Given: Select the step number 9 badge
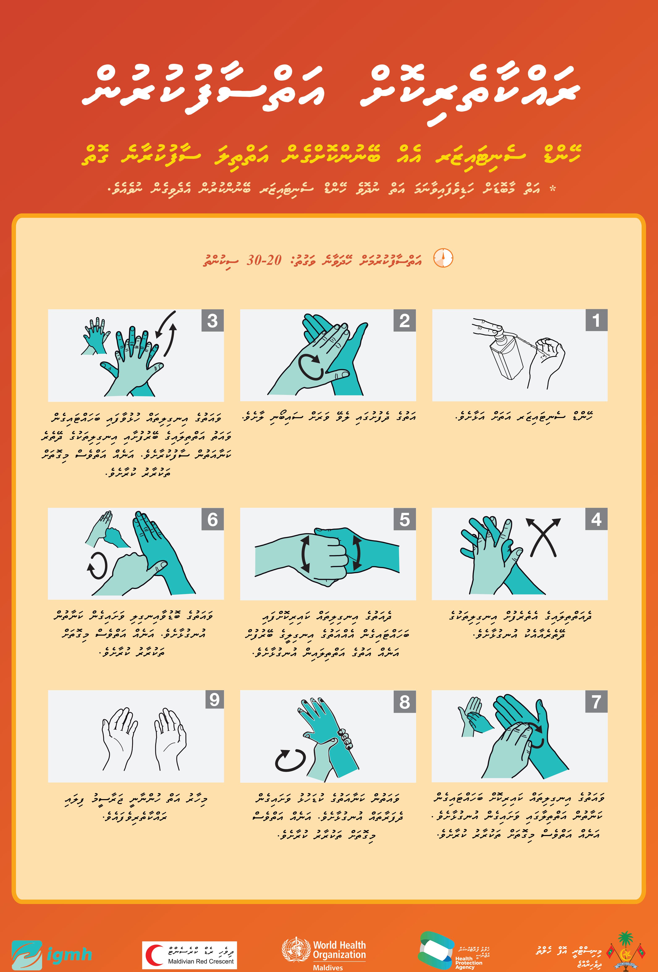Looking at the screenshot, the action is (x=214, y=699).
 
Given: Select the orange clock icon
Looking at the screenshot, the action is (x=443, y=258).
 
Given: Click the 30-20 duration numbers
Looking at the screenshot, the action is (x=264, y=260).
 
